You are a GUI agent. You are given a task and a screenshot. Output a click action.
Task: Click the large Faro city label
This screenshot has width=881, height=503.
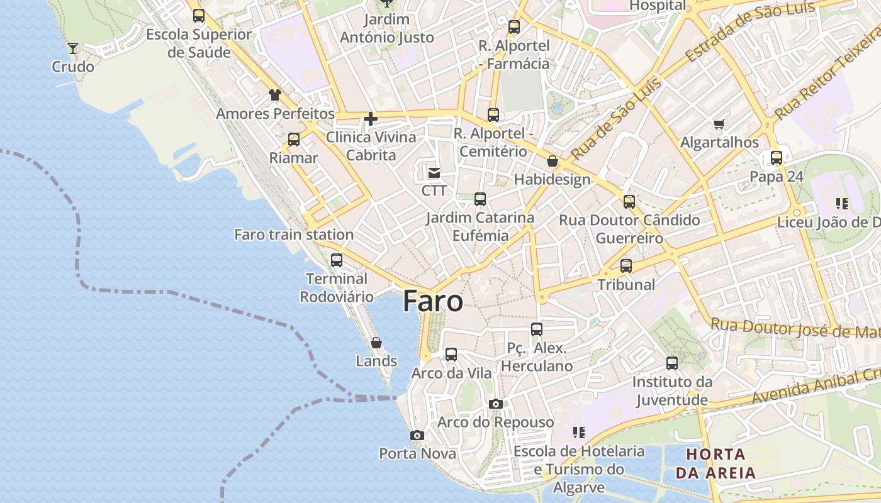pos(433,302)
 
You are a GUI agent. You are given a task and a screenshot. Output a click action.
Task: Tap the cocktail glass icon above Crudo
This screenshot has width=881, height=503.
pos(73,48)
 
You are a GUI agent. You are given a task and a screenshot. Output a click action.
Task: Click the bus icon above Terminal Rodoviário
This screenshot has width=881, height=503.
pos(337,260)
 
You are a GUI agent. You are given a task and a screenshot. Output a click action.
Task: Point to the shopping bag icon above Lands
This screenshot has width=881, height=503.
pos(376,343)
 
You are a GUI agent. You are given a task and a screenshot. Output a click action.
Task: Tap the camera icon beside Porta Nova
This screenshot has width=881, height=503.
pos(417,435)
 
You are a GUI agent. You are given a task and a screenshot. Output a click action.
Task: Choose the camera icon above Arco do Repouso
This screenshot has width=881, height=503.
pos(496,404)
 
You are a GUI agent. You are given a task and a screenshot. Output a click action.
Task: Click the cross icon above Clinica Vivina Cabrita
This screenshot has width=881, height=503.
pos(371,118)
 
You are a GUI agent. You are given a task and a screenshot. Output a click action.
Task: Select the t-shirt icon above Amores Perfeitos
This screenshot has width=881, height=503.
pos(275,95)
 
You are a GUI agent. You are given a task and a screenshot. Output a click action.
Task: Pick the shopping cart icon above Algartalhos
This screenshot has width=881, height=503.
pos(719,124)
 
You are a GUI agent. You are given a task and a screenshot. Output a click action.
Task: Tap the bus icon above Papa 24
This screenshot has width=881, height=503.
pos(777,158)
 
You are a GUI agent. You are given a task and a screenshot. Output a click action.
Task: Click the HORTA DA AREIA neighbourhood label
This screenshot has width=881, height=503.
pos(716,463)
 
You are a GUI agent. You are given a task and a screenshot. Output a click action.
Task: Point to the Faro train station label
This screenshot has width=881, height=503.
pos(294,235)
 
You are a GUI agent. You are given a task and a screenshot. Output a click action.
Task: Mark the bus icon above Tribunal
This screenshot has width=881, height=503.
pos(626,266)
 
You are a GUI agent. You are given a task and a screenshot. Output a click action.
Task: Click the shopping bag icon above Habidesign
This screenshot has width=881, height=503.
pos(553,161)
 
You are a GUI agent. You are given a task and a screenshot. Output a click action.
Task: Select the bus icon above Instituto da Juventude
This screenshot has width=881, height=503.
pos(672,363)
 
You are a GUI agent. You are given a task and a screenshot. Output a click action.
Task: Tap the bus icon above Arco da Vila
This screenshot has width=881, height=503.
pos(451,355)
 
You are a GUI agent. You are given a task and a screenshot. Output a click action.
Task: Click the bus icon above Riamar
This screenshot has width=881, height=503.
pos(294,140)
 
